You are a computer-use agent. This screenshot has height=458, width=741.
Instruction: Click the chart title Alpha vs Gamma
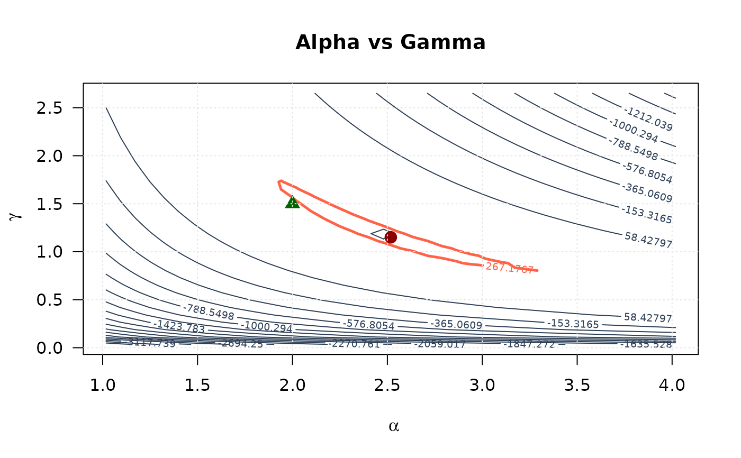click(x=390, y=42)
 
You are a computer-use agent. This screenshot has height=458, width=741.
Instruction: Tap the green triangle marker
click(x=292, y=202)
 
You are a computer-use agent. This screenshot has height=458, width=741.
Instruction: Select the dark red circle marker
click(x=391, y=237)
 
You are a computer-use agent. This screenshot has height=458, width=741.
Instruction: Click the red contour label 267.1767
click(x=509, y=268)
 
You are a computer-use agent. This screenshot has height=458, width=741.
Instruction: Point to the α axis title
click(x=393, y=426)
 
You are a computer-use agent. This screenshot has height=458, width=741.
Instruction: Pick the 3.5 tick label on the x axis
click(x=577, y=385)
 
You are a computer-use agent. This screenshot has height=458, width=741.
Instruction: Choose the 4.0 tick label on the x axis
click(x=672, y=385)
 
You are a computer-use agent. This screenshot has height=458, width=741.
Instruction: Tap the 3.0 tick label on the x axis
click(x=482, y=385)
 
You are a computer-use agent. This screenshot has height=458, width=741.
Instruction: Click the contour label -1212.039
click(x=648, y=120)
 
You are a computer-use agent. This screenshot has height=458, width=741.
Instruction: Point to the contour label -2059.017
click(x=440, y=344)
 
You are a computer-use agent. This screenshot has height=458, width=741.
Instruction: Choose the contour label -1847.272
click(x=529, y=344)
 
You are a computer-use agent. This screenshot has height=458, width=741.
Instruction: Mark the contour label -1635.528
click(x=646, y=344)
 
